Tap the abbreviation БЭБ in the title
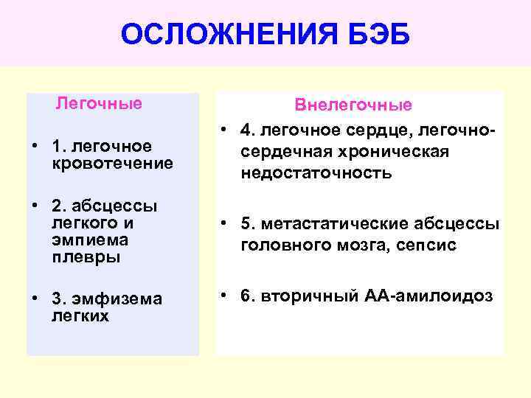(375, 35)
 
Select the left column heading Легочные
(99, 103)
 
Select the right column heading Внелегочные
(353, 105)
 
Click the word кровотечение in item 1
(113, 162)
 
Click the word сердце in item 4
(388, 130)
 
